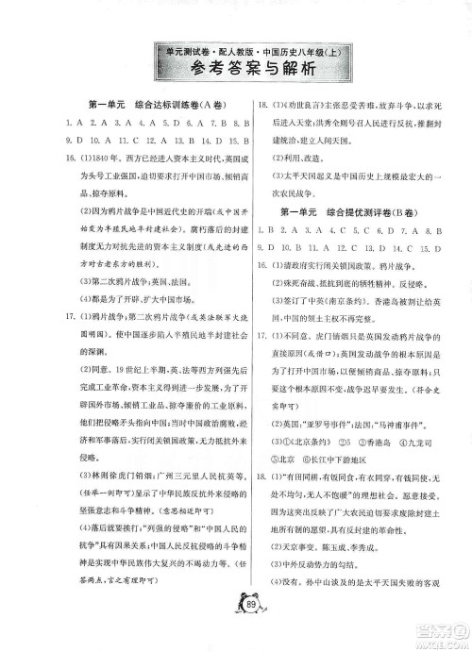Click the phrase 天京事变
[x=303, y=559]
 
